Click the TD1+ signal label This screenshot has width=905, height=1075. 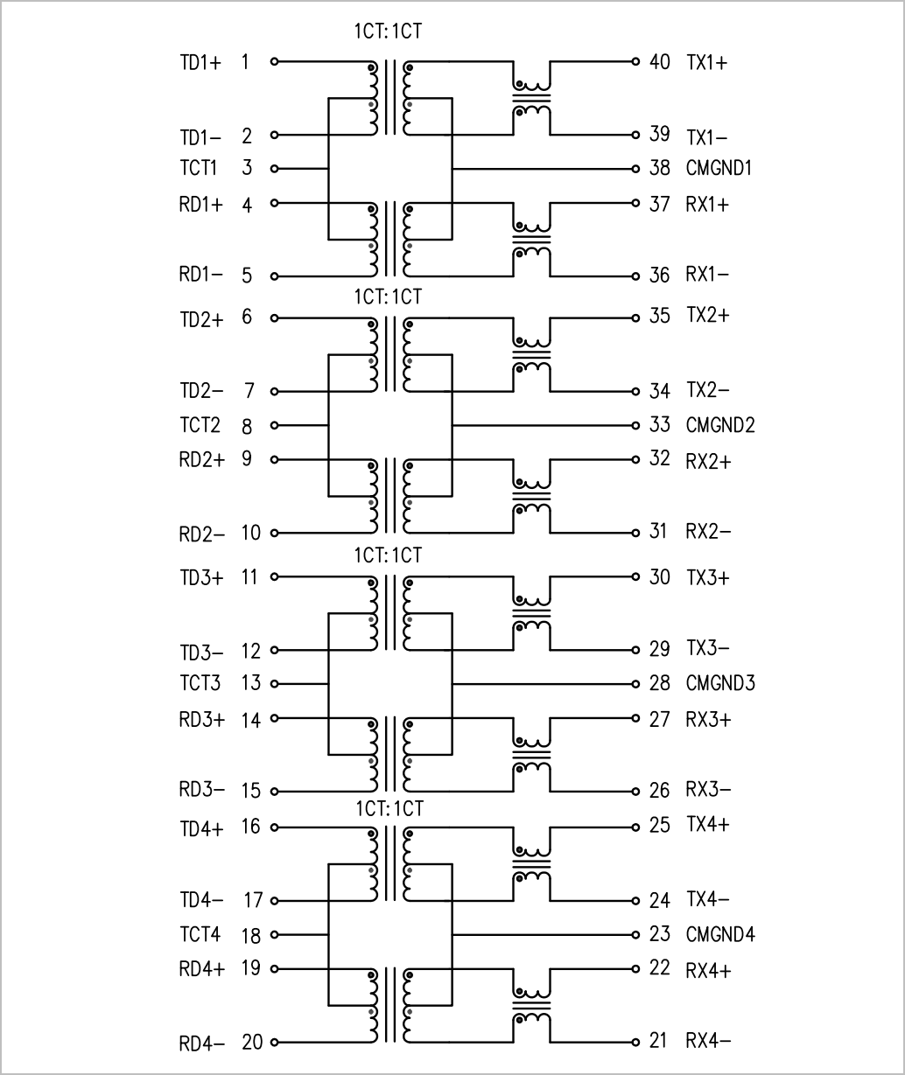click(200, 63)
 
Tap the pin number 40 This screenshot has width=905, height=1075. click(659, 62)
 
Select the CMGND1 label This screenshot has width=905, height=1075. click(719, 168)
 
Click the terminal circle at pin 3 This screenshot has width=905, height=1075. click(275, 168)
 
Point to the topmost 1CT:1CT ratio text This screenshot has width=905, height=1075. click(388, 31)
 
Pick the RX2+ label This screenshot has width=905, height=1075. click(708, 462)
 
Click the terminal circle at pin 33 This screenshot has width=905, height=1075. click(635, 425)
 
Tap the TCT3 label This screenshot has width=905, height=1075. click(200, 682)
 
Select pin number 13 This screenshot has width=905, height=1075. click(251, 682)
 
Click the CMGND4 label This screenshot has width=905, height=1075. click(720, 934)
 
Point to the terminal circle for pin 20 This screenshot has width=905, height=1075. click(275, 1043)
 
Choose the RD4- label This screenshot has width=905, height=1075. click(202, 1044)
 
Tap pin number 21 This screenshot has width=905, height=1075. click(658, 1041)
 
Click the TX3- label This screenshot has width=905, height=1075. click(708, 647)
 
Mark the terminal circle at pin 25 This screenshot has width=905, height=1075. click(635, 827)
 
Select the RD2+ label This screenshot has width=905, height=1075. click(202, 459)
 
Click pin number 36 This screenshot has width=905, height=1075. click(659, 275)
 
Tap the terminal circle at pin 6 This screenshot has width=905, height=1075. click(275, 318)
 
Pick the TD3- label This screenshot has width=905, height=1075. click(201, 653)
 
